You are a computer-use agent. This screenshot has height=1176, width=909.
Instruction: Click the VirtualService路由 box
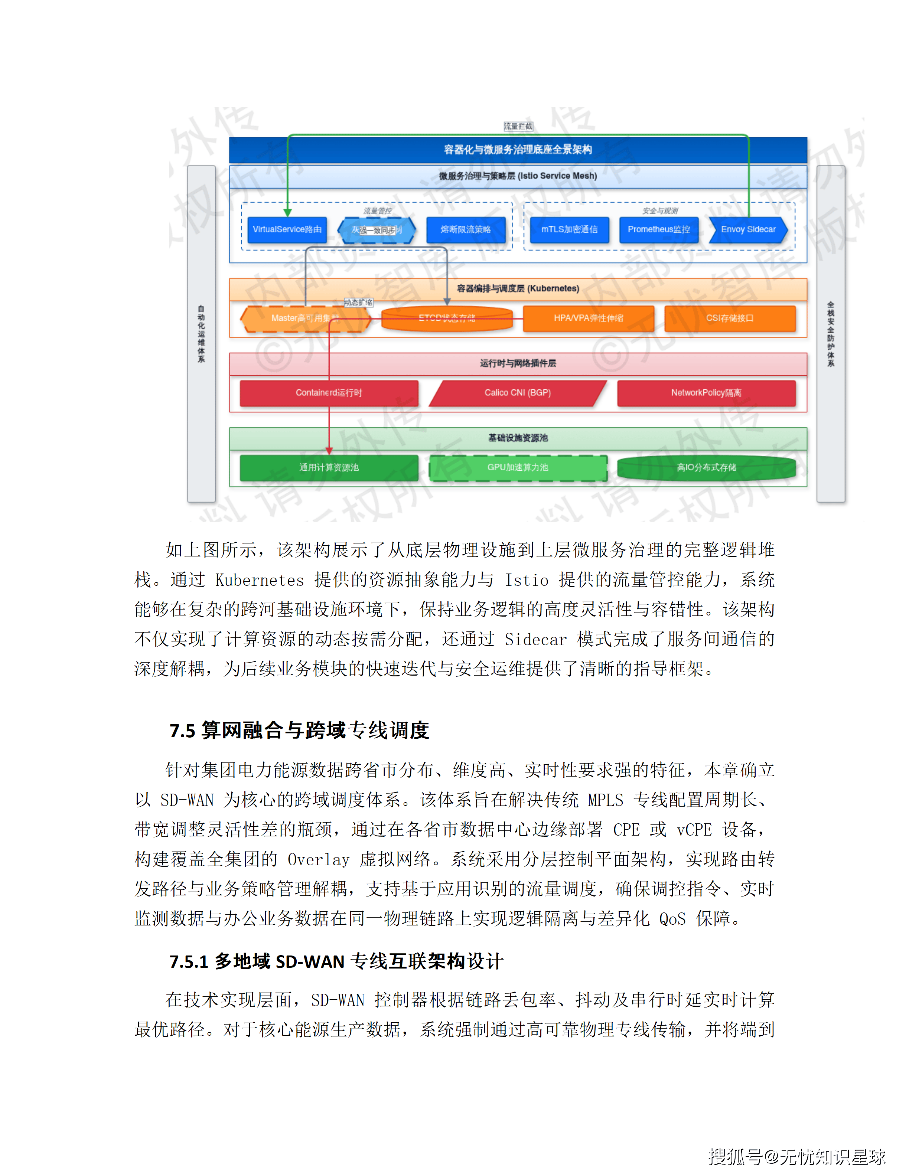287,230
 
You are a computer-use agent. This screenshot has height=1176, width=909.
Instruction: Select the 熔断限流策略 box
466,230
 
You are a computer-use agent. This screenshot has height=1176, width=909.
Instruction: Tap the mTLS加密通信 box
569,230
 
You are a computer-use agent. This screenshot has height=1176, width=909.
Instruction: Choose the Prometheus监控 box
659,230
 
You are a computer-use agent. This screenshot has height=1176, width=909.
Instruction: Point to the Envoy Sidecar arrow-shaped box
748,230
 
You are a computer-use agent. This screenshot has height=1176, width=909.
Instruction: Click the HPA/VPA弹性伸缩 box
589,318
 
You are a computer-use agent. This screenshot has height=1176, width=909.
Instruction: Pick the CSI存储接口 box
730,318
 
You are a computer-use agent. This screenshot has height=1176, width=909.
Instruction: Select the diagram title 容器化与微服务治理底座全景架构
518,150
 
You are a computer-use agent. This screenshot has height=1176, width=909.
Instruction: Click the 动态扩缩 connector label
358,303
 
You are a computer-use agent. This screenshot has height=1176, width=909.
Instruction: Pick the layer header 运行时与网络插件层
518,363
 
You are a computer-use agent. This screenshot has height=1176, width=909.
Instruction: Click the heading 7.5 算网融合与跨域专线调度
299,731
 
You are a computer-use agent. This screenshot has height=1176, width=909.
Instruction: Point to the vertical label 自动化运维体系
201,334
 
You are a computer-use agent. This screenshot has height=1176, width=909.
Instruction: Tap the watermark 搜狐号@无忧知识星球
796,1156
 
